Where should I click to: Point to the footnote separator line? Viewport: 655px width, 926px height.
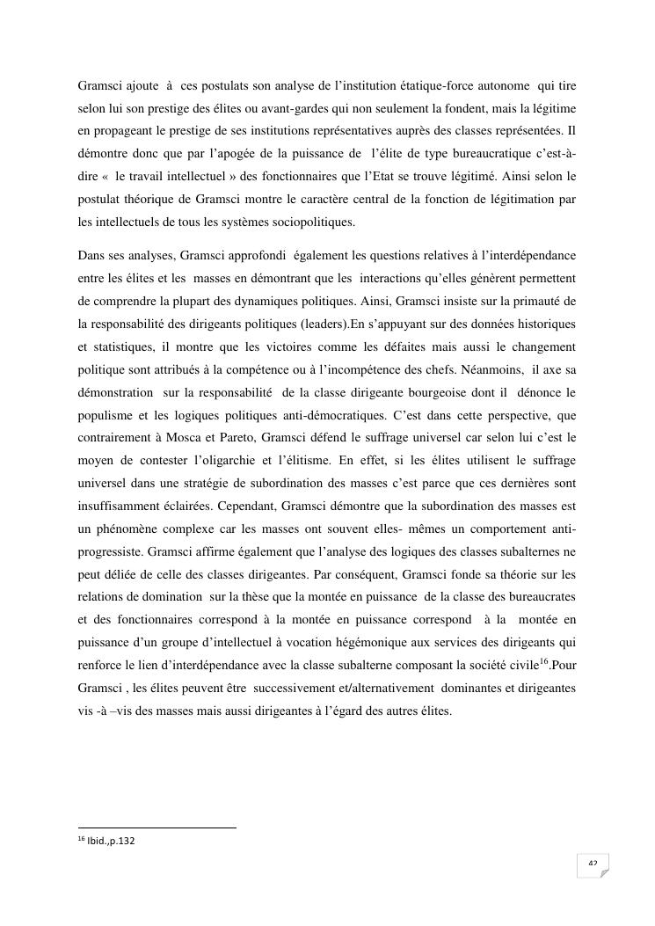pos(157,828)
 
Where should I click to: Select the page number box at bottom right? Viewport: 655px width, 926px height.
pos(593,865)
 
